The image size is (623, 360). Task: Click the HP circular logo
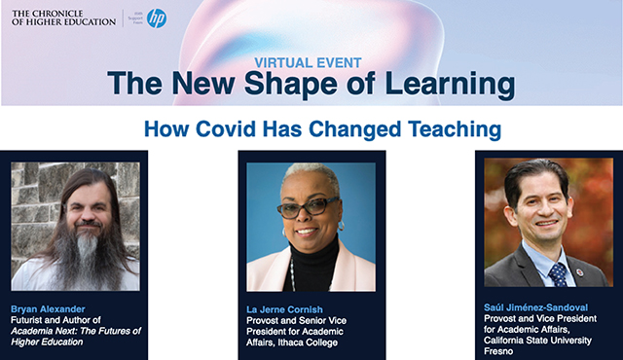tap(156, 18)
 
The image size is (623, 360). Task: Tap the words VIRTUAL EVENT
tap(311, 60)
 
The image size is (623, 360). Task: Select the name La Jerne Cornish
tap(290, 307)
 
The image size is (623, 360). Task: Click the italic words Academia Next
tap(48, 330)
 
